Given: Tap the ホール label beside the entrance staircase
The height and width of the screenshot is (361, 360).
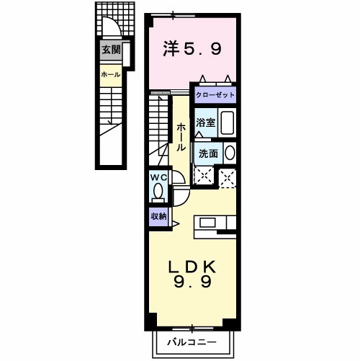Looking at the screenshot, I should tap(111, 74).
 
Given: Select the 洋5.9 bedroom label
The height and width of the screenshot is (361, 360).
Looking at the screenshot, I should tap(192, 50).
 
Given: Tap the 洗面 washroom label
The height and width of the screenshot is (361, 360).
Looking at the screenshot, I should tap(208, 153).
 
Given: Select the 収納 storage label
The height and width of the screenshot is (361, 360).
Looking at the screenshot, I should tap(159, 215).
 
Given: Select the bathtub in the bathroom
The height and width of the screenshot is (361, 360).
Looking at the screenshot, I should tap(228, 122).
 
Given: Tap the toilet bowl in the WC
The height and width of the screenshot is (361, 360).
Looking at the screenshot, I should tap(158, 192).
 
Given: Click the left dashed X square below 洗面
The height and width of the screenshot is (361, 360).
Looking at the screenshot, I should tap(204, 176).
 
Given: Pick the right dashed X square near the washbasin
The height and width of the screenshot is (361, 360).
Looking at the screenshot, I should tap(228, 177).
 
